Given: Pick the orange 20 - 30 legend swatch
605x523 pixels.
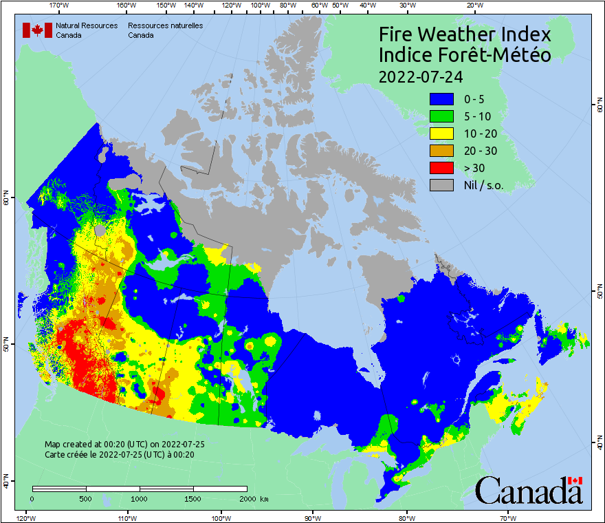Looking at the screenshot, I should tap(443, 150).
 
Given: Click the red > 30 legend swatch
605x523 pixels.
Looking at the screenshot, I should tap(443, 167).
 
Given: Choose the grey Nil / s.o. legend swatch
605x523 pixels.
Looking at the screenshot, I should tap(443, 184).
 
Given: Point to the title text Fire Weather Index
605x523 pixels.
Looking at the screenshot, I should tap(465, 34).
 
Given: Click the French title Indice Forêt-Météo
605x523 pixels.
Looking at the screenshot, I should tap(465, 55).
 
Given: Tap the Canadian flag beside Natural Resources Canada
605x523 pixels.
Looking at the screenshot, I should tap(37, 30).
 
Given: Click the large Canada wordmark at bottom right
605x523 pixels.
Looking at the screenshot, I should tap(529, 490).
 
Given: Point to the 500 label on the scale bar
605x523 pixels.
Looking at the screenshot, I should tap(86, 498).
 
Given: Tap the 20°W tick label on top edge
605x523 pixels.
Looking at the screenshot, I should tap(473, 6).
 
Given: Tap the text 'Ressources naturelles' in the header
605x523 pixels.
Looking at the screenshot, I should tap(165, 25).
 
